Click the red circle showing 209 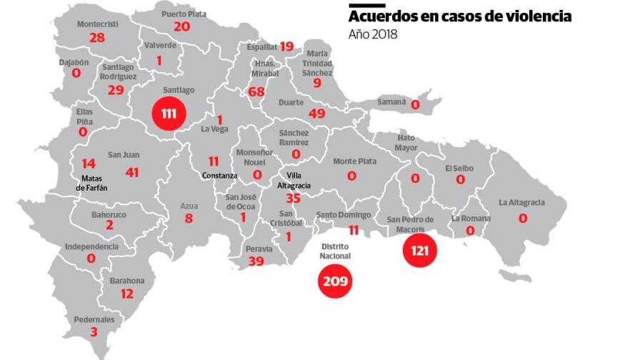(335, 281)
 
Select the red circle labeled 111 (168, 114)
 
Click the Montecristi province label (97, 24)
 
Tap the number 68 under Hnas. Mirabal (256, 92)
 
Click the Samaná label (392, 102)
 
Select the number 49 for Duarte (316, 114)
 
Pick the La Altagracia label (521, 202)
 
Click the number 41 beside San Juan (132, 172)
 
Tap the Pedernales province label (94, 319)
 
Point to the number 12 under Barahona (126, 294)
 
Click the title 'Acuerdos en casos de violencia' (460, 16)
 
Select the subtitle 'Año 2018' (373, 34)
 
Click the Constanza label (219, 176)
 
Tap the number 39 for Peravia (255, 261)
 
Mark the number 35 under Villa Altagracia (293, 199)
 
